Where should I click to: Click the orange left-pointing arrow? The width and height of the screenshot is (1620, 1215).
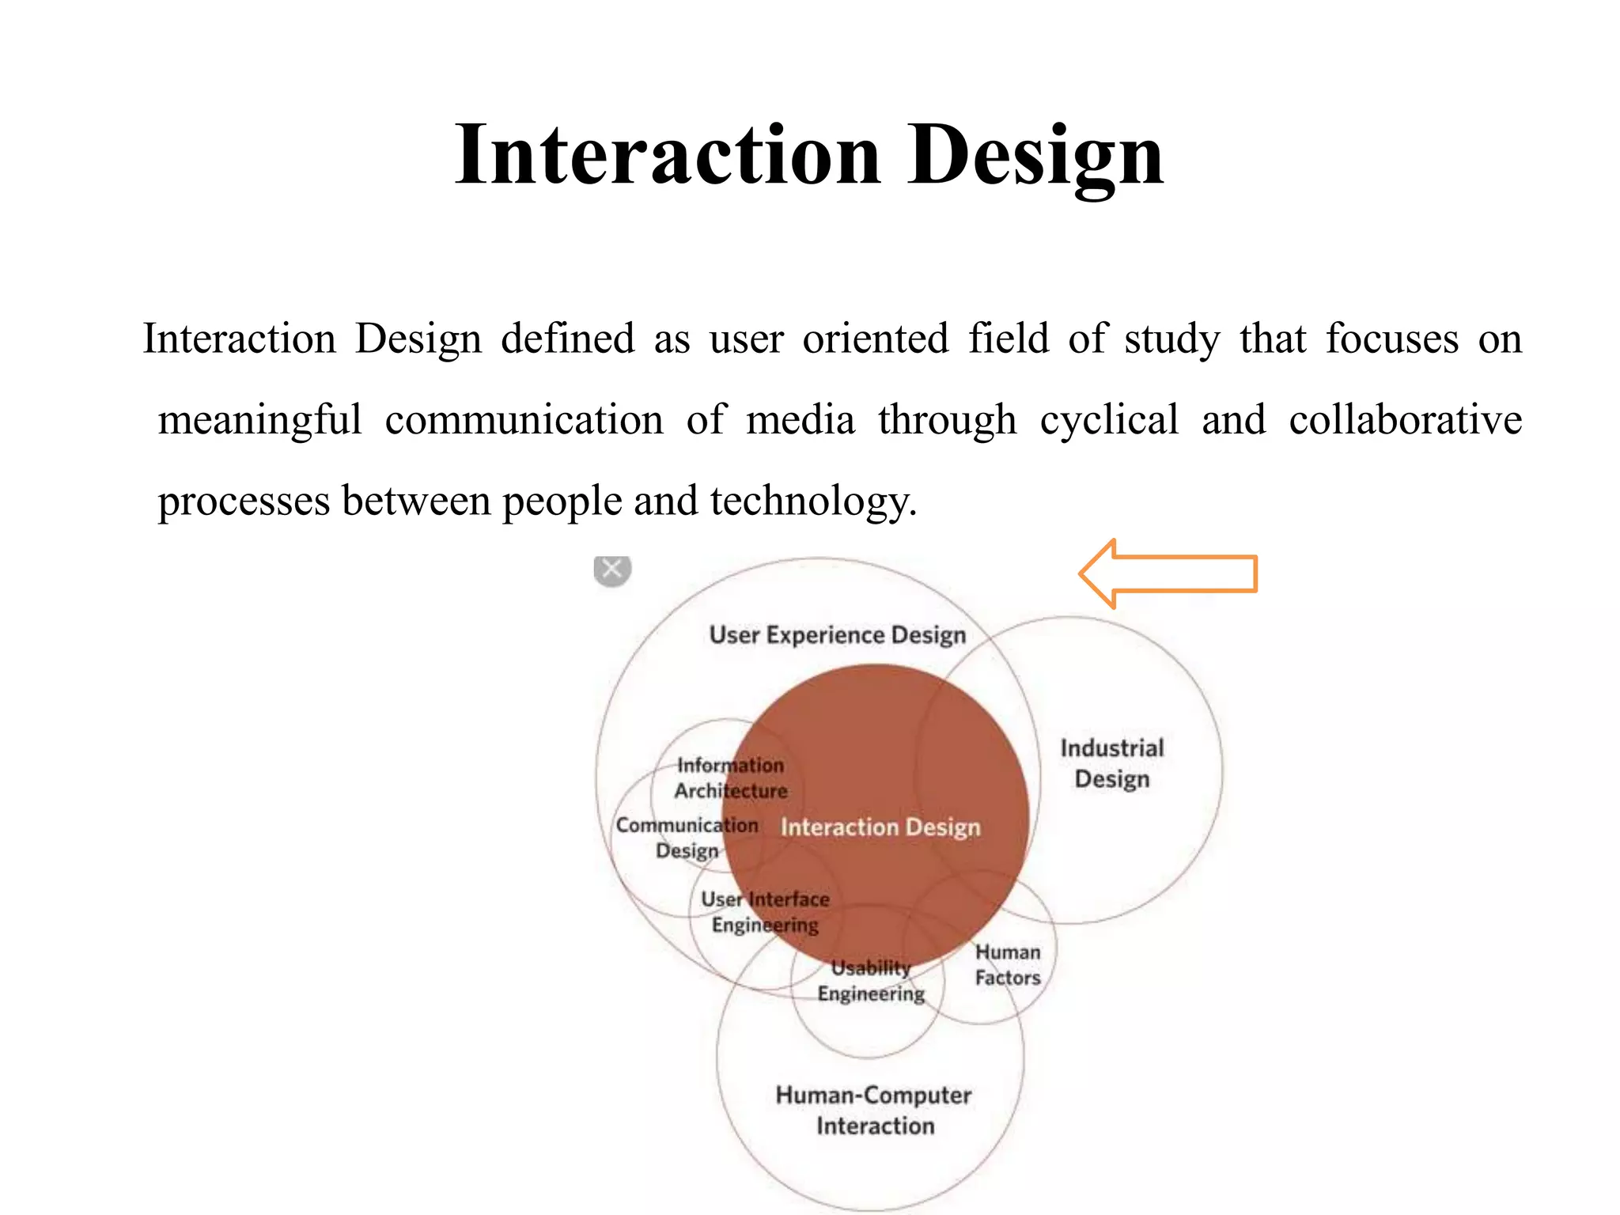click(x=1168, y=573)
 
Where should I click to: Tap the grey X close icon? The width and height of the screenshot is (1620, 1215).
click(x=612, y=569)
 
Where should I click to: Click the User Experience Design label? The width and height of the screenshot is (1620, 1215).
click(x=837, y=635)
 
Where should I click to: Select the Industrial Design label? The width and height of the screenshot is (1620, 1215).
click(x=1111, y=763)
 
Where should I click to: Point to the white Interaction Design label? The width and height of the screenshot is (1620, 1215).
click(x=880, y=827)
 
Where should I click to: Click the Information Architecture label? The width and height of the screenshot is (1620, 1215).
click(x=730, y=778)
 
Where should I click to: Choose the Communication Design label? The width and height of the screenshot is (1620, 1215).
click(x=687, y=838)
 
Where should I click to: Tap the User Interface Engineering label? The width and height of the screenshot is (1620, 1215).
click(x=765, y=912)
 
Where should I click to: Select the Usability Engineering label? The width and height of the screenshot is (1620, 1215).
click(x=871, y=981)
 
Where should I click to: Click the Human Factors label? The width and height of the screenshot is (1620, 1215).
click(x=1007, y=965)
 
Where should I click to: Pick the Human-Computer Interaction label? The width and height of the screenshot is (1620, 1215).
click(x=874, y=1111)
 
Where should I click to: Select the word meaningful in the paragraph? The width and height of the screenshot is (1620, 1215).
click(x=259, y=419)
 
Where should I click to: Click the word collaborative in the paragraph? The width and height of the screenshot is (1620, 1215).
click(x=1405, y=419)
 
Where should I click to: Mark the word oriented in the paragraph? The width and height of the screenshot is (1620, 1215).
click(x=875, y=339)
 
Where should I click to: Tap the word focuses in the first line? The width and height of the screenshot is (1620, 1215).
click(x=1391, y=339)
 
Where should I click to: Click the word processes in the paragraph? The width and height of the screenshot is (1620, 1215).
click(x=244, y=502)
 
